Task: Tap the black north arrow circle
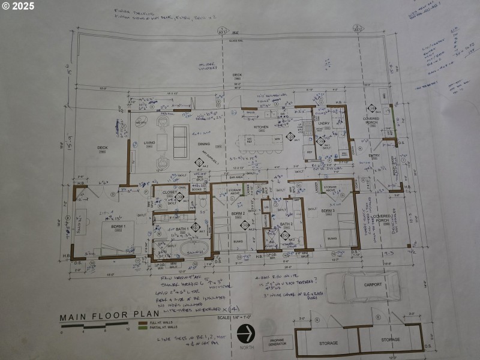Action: [x=247, y=332]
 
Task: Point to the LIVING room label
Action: [x=149, y=143]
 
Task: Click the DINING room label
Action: [x=203, y=143]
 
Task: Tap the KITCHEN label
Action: [x=260, y=127]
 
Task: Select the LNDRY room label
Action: [x=324, y=124]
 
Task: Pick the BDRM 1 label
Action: [x=118, y=226]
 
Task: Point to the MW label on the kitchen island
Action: [x=277, y=139]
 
